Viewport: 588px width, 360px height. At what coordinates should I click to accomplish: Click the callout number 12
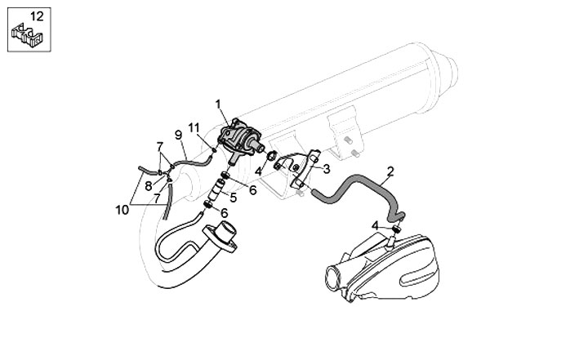tap(35, 16)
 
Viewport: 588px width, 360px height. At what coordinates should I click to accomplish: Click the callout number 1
tap(219, 103)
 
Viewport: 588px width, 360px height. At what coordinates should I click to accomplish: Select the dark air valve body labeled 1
tap(241, 135)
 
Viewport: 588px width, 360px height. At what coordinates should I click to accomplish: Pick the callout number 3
tap(326, 170)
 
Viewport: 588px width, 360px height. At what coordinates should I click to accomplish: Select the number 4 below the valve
tap(257, 172)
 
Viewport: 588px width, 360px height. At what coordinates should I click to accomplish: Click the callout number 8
tap(148, 185)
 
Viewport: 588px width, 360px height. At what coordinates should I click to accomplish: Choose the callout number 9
tap(177, 134)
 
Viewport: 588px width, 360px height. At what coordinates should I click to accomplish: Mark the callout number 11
tap(194, 127)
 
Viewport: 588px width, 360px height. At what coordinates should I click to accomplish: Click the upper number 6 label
tap(252, 190)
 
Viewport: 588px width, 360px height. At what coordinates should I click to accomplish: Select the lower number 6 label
tap(224, 212)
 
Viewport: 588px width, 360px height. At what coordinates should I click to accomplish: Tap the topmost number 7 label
tap(160, 145)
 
